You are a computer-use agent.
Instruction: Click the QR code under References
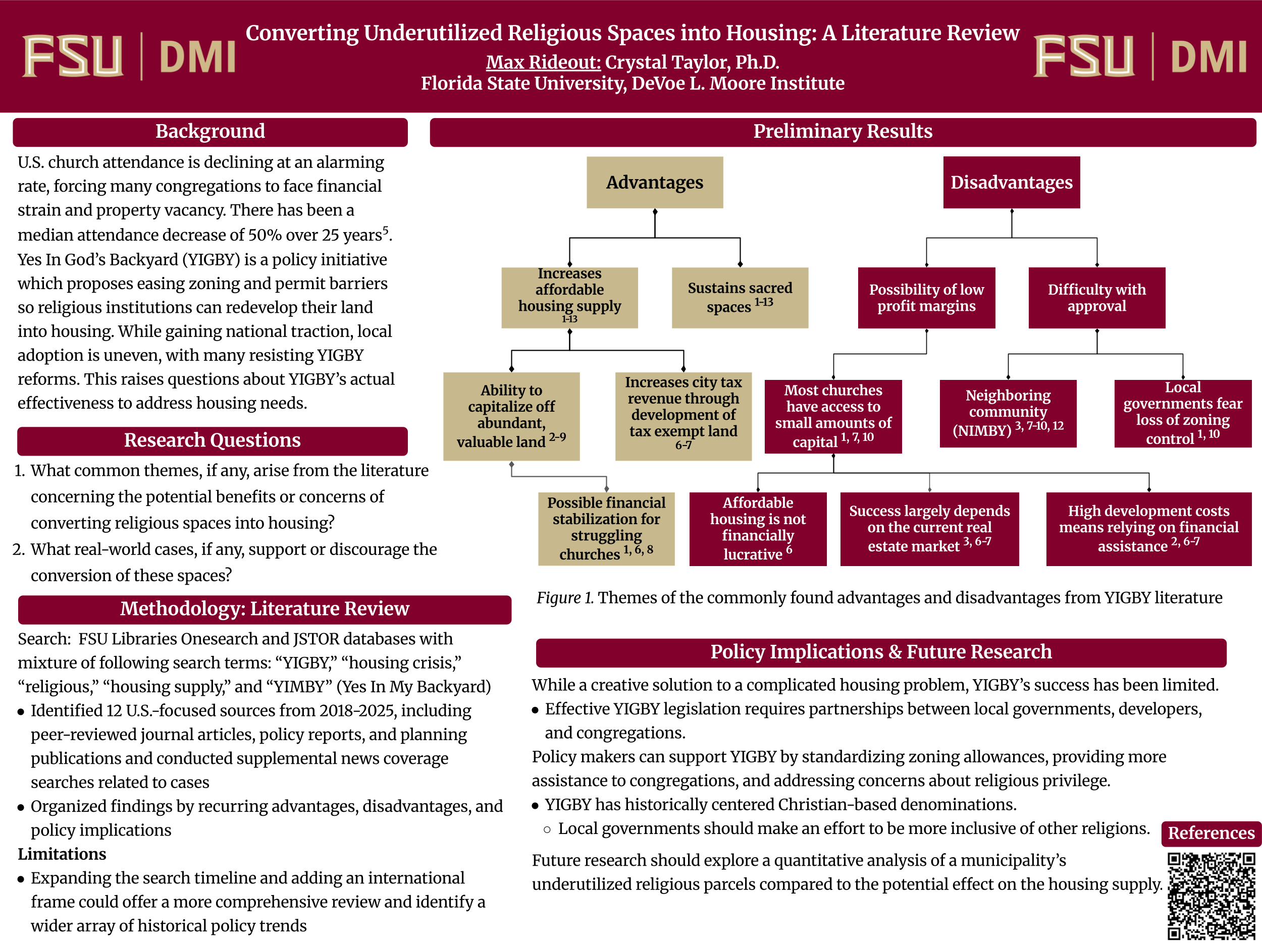1211,895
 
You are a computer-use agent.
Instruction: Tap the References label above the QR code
1211,833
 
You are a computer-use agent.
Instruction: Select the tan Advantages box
654,183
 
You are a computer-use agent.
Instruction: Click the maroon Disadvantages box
1011,183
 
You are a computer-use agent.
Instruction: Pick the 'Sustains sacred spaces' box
740,298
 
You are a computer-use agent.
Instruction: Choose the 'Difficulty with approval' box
1096,298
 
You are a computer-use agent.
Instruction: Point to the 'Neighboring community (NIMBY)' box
1008,413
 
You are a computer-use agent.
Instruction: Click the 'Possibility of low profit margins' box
926,298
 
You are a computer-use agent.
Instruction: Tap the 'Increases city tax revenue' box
683,416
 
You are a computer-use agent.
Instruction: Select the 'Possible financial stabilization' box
606,529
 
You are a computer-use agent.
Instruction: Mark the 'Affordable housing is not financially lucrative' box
757,529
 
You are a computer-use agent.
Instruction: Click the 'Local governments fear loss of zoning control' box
1182,413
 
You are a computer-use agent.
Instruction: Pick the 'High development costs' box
1148,529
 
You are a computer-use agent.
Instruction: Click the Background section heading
210,132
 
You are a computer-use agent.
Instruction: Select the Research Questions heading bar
212,441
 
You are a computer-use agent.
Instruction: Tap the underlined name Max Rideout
543,62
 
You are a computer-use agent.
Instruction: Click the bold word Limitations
62,854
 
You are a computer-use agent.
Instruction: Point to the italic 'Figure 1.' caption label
565,597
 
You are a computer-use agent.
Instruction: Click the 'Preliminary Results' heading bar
842,132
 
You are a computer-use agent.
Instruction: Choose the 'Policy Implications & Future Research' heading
880,652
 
